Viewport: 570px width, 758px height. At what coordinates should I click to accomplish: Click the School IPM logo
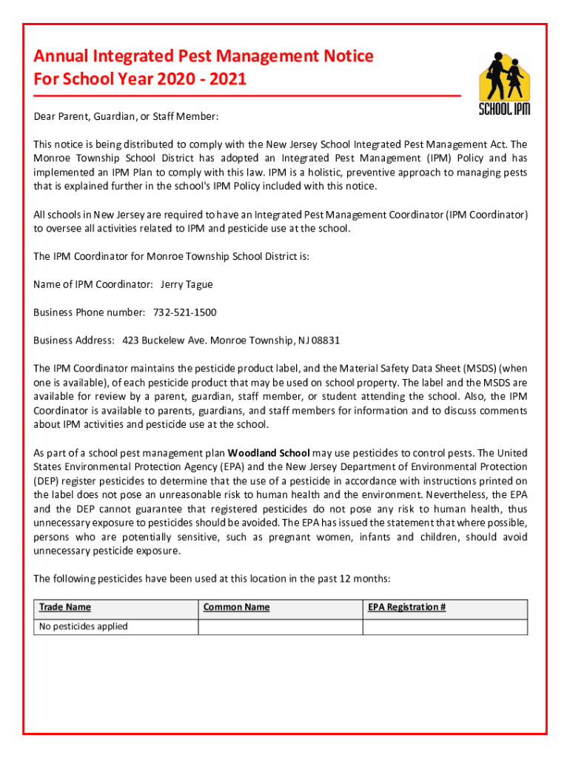pos(503,83)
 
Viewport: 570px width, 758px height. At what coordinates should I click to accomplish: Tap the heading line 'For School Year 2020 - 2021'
pos(140,78)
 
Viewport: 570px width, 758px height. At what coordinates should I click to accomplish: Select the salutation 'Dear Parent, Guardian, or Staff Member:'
pos(126,117)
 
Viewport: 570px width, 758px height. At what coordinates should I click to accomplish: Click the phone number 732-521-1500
pos(184,312)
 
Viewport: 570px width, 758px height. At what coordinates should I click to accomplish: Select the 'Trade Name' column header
pos(65,608)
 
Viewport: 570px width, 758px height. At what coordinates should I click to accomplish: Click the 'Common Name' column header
pos(236,608)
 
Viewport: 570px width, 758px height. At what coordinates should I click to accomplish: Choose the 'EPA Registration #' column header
pos(406,608)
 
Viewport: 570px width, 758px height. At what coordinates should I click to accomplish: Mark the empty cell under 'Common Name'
pos(280,627)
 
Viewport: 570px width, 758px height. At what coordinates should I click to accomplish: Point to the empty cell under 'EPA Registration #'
pos(444,627)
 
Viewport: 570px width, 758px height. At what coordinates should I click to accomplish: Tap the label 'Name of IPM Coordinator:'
pos(93,284)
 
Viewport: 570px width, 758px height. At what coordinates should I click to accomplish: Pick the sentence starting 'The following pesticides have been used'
pos(211,579)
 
